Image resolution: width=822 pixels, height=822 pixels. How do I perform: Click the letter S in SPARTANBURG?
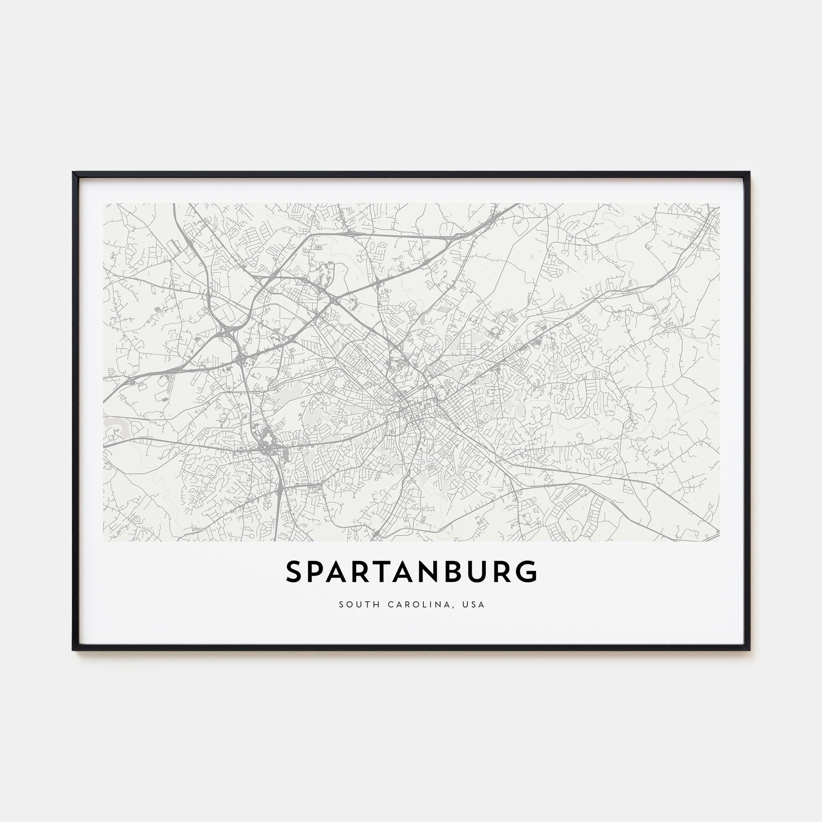[x=294, y=572]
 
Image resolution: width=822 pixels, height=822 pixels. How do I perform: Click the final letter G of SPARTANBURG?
[x=528, y=572]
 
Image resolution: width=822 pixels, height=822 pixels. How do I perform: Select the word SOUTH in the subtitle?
[x=359, y=605]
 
